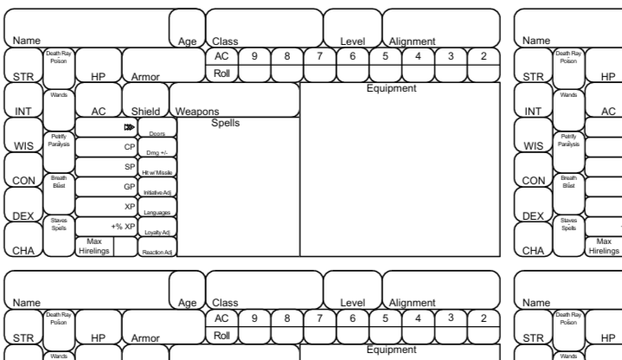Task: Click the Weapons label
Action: click(196, 112)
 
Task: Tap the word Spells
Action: click(225, 123)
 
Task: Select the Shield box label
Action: click(145, 112)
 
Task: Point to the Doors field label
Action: click(157, 133)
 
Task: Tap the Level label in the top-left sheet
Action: click(352, 41)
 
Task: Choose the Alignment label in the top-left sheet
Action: click(413, 41)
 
